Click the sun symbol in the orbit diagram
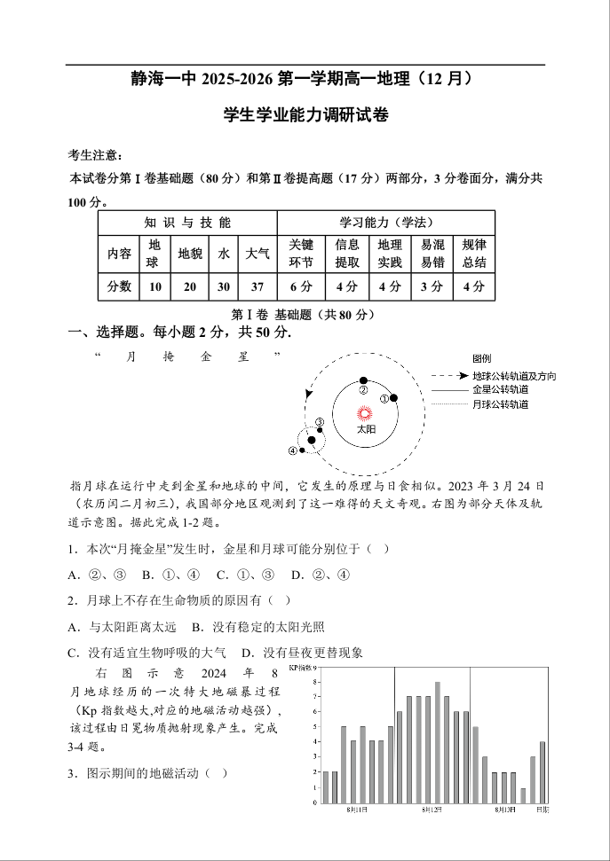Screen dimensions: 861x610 tap(364, 413)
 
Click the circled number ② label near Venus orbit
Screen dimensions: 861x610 tap(363, 390)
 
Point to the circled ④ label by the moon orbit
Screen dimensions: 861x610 tap(293, 450)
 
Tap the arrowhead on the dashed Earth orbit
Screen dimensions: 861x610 tap(309, 393)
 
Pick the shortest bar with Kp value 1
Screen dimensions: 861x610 tap(523, 794)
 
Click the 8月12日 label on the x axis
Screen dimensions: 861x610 tap(432, 810)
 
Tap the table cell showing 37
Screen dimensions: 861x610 tap(257, 286)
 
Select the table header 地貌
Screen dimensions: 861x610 tap(190, 254)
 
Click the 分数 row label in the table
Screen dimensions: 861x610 tap(119, 286)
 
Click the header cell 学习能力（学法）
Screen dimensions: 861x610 tap(385, 222)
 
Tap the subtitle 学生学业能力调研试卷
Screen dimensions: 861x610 tap(306, 115)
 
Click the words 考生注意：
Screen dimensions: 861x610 tap(97, 155)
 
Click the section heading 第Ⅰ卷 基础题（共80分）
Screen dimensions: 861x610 tap(303, 315)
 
